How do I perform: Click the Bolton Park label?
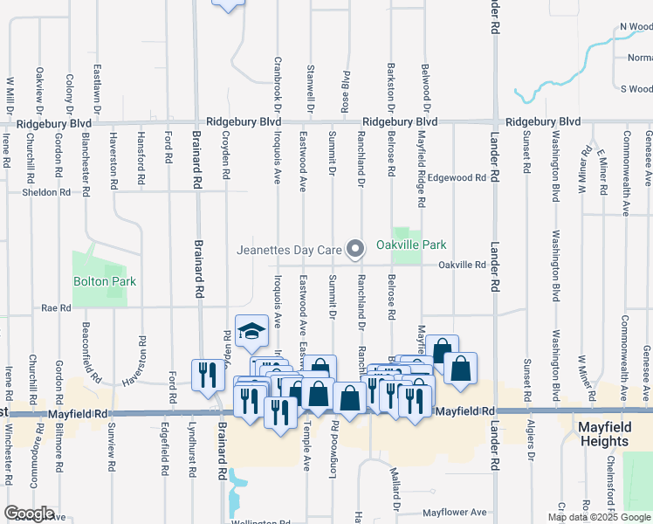point(105,282)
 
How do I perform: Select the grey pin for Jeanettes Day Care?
point(355,251)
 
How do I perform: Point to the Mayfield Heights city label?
point(615,434)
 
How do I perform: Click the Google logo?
point(29,513)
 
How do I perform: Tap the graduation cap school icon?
point(251,330)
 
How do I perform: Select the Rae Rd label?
point(55,308)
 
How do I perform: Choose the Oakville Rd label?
point(461,265)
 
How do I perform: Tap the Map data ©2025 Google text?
point(599,517)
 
